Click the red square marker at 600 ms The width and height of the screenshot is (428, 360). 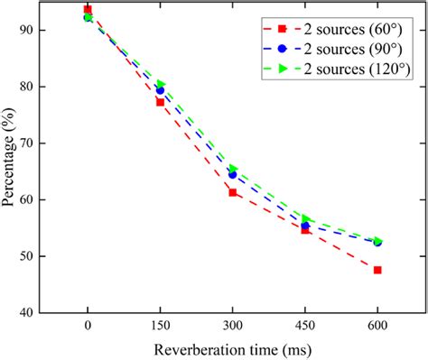tap(377, 270)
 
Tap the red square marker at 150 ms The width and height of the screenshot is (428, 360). tap(160, 102)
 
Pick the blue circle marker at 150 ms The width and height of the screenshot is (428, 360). tap(160, 90)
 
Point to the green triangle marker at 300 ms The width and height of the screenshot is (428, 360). tap(233, 169)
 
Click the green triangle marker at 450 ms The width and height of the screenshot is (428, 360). tap(305, 218)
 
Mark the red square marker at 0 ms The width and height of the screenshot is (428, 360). tap(88, 10)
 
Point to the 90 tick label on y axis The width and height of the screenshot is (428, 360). tap(34, 30)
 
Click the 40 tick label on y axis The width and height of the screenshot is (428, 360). tap(34, 312)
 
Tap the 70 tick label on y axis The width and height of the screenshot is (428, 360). tap(34, 143)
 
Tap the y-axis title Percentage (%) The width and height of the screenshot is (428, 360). tap(10, 161)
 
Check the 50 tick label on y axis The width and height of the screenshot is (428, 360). tap(34, 256)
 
